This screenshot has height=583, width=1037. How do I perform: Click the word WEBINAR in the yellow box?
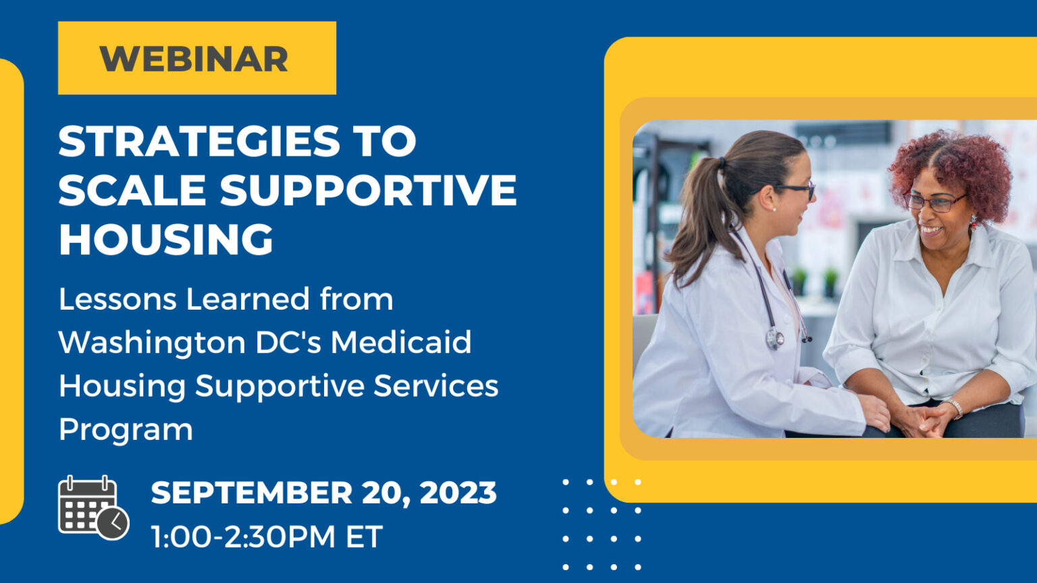(194, 59)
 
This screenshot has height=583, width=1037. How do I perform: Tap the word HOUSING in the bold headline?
(166, 239)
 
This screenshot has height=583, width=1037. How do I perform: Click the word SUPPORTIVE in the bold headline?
(368, 190)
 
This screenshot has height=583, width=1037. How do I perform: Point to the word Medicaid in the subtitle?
(400, 342)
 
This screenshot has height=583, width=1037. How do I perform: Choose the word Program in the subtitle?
(126, 429)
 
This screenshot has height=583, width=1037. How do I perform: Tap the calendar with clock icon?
(92, 507)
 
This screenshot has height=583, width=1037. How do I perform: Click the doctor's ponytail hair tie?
(722, 163)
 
